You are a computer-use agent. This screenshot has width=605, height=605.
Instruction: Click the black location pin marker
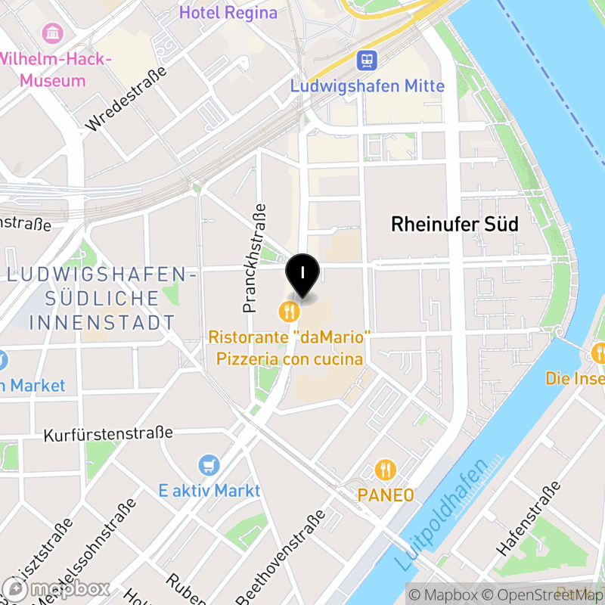click(302, 275)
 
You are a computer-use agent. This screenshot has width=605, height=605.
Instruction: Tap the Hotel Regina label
click(228, 13)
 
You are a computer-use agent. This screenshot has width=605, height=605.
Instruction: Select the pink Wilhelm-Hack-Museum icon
click(53, 33)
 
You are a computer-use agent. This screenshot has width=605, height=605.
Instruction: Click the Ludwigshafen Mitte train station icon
click(368, 60)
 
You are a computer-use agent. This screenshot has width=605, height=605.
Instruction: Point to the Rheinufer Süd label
click(455, 224)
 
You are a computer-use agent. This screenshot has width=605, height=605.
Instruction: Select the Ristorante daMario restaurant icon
click(288, 310)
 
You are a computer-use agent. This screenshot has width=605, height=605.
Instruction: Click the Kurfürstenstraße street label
click(108, 435)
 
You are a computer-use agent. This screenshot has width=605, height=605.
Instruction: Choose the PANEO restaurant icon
click(386, 470)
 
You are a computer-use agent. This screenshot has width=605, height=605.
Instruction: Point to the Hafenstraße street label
click(529, 519)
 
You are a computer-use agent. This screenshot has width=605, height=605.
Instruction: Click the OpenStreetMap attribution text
click(542, 595)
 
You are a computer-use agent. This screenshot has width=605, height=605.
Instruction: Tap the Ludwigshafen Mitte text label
click(368, 86)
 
